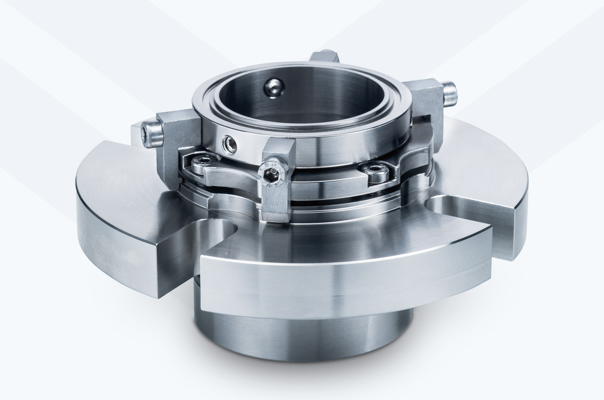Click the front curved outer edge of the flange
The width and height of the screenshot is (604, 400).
pos(315,277)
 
